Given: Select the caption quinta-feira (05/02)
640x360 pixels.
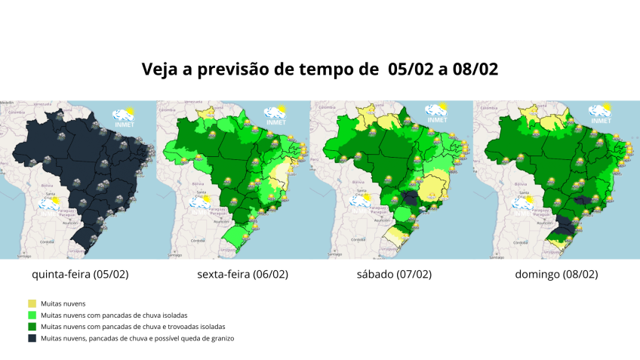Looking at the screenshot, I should pyautogui.click(x=81, y=274).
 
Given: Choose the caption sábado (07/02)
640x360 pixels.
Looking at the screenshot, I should pyautogui.click(x=395, y=274).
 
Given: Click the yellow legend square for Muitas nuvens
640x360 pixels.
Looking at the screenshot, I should pyautogui.click(x=32, y=303).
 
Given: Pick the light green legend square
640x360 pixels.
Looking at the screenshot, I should pyautogui.click(x=32, y=315).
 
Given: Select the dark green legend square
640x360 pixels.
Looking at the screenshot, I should pyautogui.click(x=32, y=327).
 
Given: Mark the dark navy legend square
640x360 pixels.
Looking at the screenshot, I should pyautogui.click(x=32, y=339).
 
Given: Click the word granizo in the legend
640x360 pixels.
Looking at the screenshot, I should pyautogui.click(x=218, y=339).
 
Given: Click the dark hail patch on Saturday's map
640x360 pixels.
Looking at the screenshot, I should pyautogui.click(x=411, y=198).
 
